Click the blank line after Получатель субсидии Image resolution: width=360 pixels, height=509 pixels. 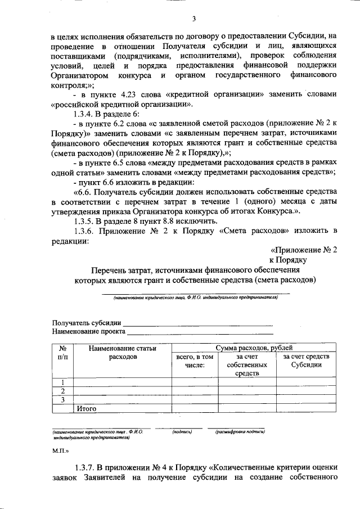pyautogui.click(x=197, y=323)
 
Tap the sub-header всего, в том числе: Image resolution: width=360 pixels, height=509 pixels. pyautogui.click(x=195, y=361)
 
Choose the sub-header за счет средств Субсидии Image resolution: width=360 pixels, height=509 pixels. pyautogui.click(x=306, y=361)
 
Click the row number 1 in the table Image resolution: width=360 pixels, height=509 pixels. pyautogui.click(x=63, y=383)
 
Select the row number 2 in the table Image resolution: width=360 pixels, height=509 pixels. pyautogui.click(x=63, y=391)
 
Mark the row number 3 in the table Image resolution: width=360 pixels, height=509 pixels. pyautogui.click(x=63, y=400)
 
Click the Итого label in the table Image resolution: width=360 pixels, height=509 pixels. pyautogui.click(x=87, y=409)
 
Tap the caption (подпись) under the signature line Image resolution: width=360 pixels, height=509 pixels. pyautogui.click(x=182, y=432)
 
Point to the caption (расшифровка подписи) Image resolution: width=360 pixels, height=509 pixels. pyautogui.click(x=240, y=432)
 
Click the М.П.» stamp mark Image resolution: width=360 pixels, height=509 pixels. pyautogui.click(x=61, y=451)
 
